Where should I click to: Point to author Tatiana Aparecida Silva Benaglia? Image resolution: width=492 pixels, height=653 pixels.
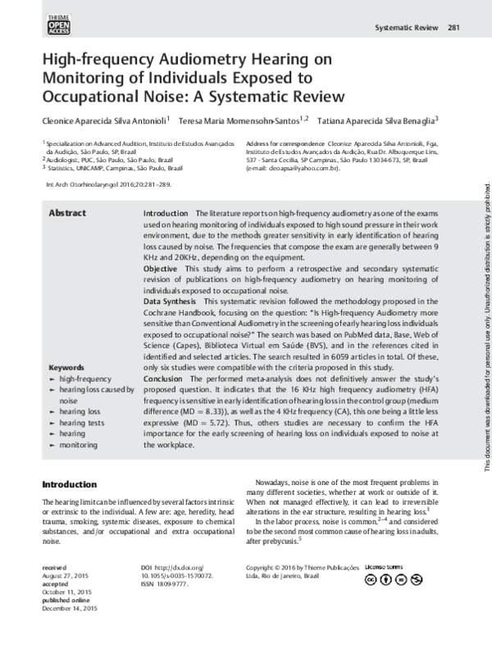(378, 120)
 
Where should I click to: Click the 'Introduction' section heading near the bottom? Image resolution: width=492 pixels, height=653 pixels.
(73, 484)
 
